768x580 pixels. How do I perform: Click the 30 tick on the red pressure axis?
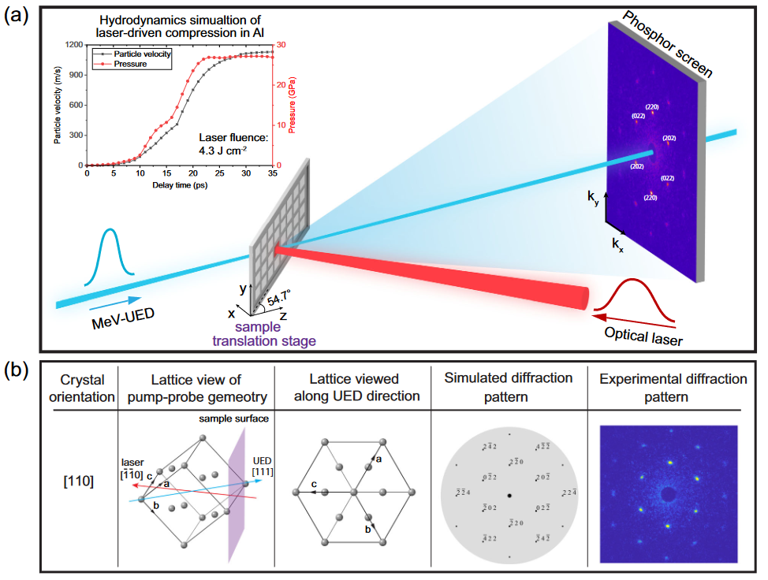[x=280, y=46]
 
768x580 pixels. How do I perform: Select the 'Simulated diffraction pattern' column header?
[x=509, y=387]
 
